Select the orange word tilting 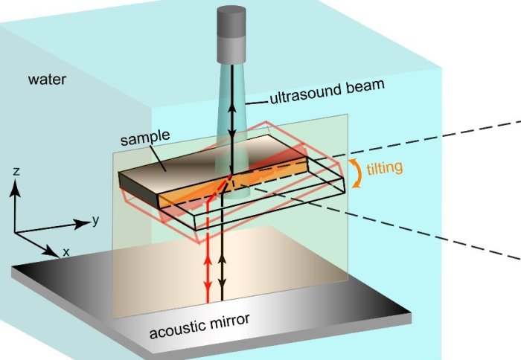[x=385, y=167]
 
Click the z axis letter [x=16, y=172]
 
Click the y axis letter [x=95, y=219]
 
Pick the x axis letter [x=65, y=252]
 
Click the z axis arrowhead [x=16, y=184]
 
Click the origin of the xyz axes [x=16, y=232]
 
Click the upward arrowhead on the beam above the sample [x=231, y=108]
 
